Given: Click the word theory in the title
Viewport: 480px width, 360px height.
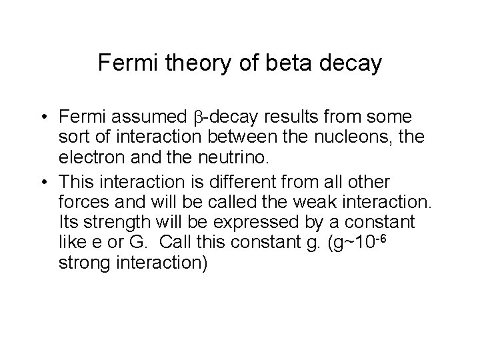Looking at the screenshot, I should pos(184,63).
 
